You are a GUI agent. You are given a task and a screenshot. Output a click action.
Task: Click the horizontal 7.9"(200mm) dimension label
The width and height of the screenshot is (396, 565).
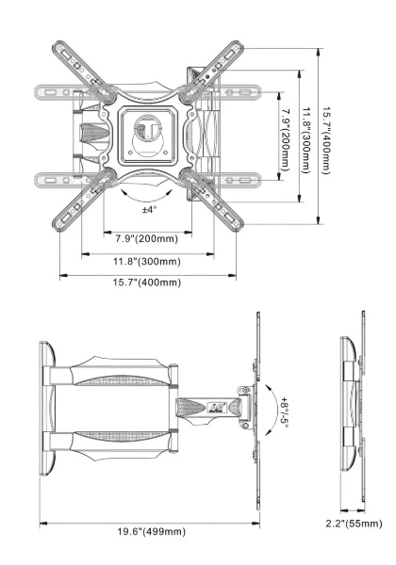pyautogui.click(x=147, y=238)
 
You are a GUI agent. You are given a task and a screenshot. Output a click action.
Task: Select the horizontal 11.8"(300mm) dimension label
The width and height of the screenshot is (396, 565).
pyautogui.click(x=147, y=261)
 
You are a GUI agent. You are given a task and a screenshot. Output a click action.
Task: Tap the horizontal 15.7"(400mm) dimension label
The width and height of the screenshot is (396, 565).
pyautogui.click(x=147, y=282)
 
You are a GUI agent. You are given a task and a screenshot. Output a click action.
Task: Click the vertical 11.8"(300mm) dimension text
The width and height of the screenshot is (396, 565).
pyautogui.click(x=306, y=140)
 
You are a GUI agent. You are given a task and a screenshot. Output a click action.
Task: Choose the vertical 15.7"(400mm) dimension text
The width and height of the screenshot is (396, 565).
pyautogui.click(x=326, y=140)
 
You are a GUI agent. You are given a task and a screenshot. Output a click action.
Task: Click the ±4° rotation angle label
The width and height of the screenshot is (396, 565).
pyautogui.click(x=149, y=209)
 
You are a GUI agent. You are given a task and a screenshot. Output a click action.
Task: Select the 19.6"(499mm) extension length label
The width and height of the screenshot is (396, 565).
pyautogui.click(x=152, y=531)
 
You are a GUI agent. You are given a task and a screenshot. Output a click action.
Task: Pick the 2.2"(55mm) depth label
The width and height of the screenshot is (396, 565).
pyautogui.click(x=354, y=524)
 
